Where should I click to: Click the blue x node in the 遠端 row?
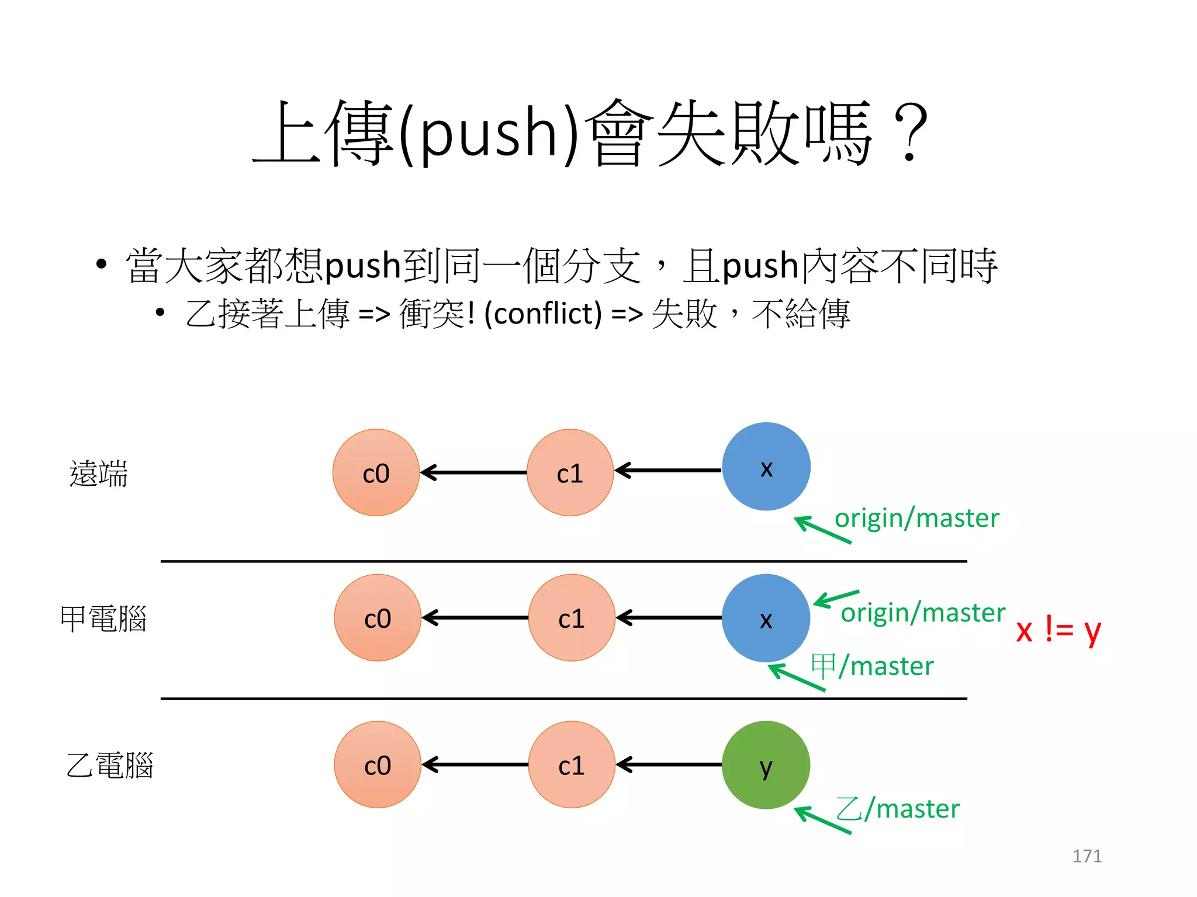pyautogui.click(x=766, y=467)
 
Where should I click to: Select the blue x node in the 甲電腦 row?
pyautogui.click(x=766, y=618)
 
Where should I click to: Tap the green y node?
pyautogui.click(x=766, y=765)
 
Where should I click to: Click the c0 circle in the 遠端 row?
pyautogui.click(x=376, y=472)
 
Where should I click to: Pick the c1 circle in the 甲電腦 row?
pyautogui.click(x=571, y=618)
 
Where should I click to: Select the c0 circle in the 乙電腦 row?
pyautogui.click(x=377, y=764)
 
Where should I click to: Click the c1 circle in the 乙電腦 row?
pyautogui.click(x=571, y=764)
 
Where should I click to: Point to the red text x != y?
pyautogui.click(x=1058, y=630)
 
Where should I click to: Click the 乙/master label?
pyautogui.click(x=898, y=809)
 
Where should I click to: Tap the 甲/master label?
pyautogui.click(x=872, y=666)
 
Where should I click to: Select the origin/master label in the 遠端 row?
pyautogui.click(x=916, y=518)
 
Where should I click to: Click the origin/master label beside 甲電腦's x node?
pyautogui.click(x=922, y=613)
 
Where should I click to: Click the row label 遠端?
pyautogui.click(x=98, y=473)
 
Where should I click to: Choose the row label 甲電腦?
pyautogui.click(x=103, y=618)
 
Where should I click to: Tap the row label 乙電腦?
pyautogui.click(x=109, y=765)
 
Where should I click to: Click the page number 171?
pyautogui.click(x=1087, y=856)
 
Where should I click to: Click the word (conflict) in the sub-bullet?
pyautogui.click(x=543, y=314)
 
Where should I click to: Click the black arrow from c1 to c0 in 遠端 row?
pyautogui.click(x=473, y=472)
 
